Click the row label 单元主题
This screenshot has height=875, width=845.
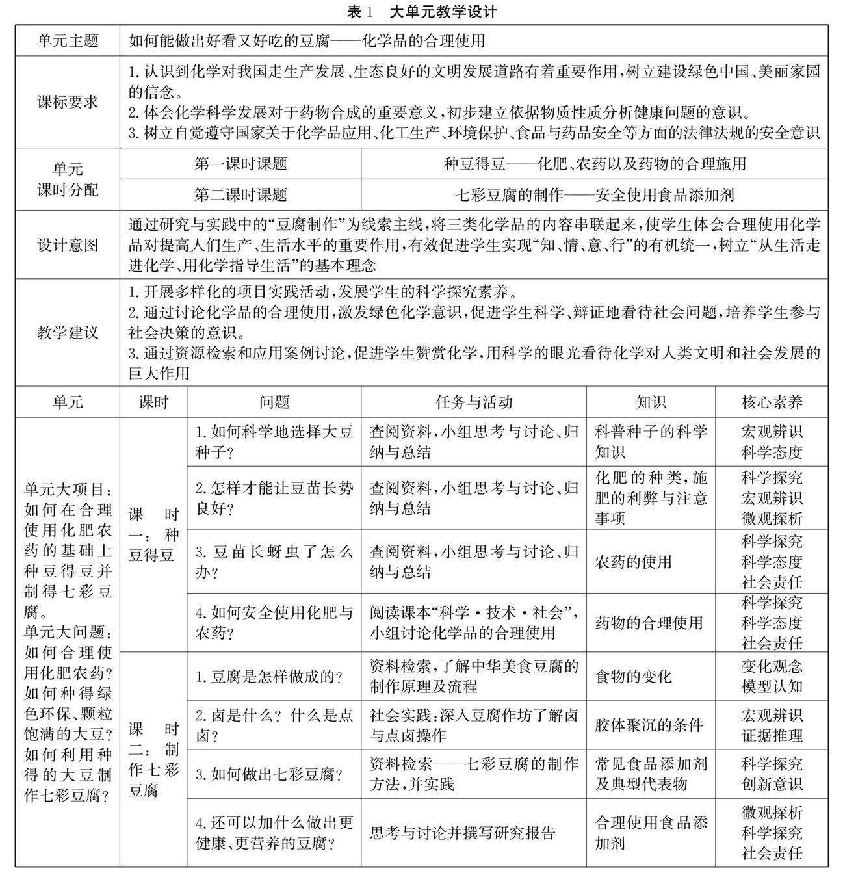tap(68, 41)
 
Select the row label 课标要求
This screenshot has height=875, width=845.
tap(68, 102)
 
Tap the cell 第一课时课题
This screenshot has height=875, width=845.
tap(240, 164)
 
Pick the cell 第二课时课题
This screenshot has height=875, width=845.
tap(240, 194)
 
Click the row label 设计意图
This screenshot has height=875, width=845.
tap(68, 245)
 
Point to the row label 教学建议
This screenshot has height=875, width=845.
tap(68, 333)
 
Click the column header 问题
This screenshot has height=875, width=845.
tap(274, 402)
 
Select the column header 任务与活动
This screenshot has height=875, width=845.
tap(474, 402)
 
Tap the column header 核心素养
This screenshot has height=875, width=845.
tap(772, 402)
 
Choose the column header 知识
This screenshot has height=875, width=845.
tap(651, 402)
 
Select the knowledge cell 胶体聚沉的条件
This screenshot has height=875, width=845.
tap(649, 725)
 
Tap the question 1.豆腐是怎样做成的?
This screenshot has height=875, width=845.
tap(269, 677)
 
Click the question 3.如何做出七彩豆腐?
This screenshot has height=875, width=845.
tap(269, 774)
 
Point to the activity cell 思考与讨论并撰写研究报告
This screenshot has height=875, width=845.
tap(463, 833)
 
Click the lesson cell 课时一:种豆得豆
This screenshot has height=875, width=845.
tap(153, 535)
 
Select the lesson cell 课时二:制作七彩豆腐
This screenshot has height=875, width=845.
tap(153, 759)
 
